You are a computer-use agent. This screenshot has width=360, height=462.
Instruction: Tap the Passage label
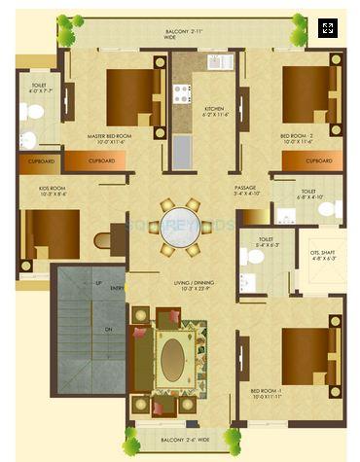click(x=245, y=191)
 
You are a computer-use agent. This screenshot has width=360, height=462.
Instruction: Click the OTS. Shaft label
click(x=322, y=256)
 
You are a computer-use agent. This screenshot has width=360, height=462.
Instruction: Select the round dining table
click(x=180, y=228)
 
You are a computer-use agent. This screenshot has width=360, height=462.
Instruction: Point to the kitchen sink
click(x=182, y=152)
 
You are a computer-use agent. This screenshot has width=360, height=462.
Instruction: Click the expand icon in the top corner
click(x=328, y=28)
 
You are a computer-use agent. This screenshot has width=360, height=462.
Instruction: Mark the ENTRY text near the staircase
click(x=118, y=288)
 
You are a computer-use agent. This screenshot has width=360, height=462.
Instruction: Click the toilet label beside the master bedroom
click(x=39, y=89)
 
